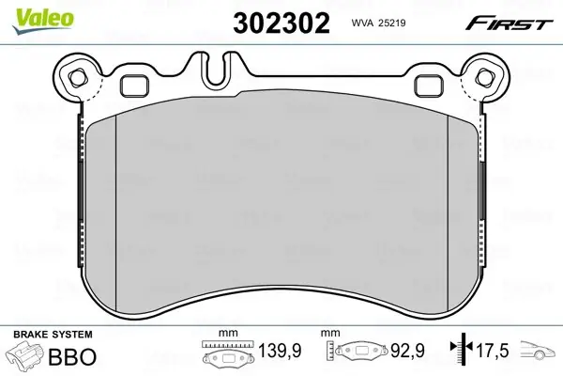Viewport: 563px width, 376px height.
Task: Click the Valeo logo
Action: pos(43,21)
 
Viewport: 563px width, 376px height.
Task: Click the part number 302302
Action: pos(281,23)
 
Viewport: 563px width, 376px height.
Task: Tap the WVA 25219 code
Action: pos(378,23)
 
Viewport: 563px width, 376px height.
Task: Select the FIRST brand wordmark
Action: pos(509,24)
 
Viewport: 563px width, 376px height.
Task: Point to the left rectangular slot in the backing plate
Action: pos(134,86)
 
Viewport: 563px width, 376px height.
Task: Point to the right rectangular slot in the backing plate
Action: pos(429,86)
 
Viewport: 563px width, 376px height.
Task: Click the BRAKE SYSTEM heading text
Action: pos(53,335)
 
